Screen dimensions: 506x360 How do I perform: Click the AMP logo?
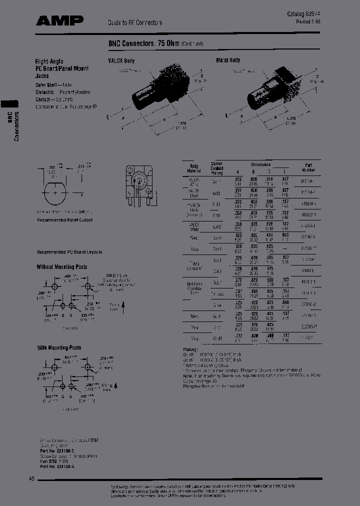59,20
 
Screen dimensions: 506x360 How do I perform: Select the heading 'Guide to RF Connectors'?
135,23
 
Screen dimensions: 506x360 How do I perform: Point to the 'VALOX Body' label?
121,60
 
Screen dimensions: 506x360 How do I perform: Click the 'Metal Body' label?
227,60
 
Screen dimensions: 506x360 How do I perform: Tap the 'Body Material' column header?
193,168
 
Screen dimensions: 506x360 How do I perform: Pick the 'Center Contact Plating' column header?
217,168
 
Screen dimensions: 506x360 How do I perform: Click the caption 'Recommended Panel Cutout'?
64,220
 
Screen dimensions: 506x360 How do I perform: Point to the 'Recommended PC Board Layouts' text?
69,252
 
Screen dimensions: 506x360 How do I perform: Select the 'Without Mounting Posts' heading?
61,267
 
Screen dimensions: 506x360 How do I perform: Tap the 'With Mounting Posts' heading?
59,347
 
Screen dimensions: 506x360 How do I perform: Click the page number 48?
31,479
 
